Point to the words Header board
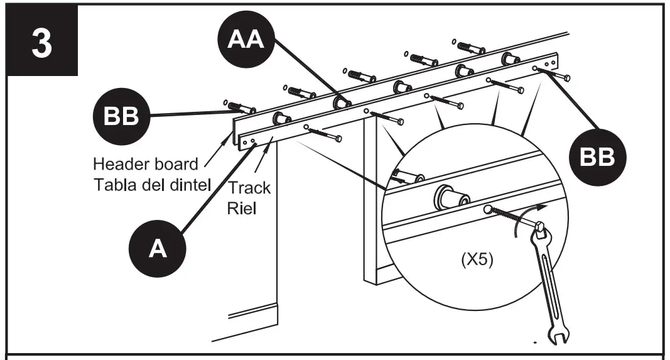(x=145, y=165)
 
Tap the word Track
(x=249, y=187)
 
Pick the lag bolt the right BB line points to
(x=558, y=75)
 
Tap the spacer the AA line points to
(x=342, y=101)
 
